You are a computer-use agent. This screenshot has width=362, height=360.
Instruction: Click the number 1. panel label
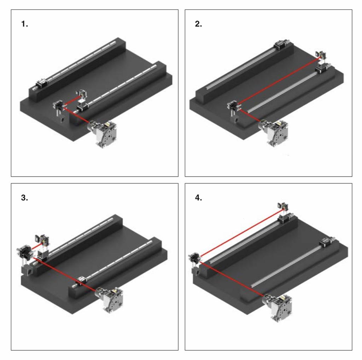24,24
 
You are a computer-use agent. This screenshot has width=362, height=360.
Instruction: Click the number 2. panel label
198,24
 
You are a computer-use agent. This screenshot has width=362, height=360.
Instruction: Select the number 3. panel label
24,197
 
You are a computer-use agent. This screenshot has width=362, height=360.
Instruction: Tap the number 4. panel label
198,197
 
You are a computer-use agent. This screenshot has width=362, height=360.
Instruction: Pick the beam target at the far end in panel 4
283,207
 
